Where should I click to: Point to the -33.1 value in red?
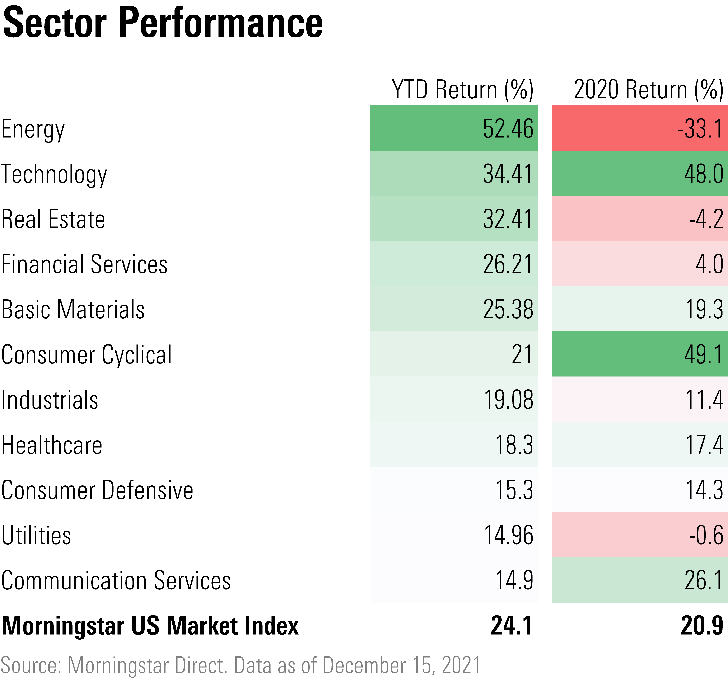point(700,129)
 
